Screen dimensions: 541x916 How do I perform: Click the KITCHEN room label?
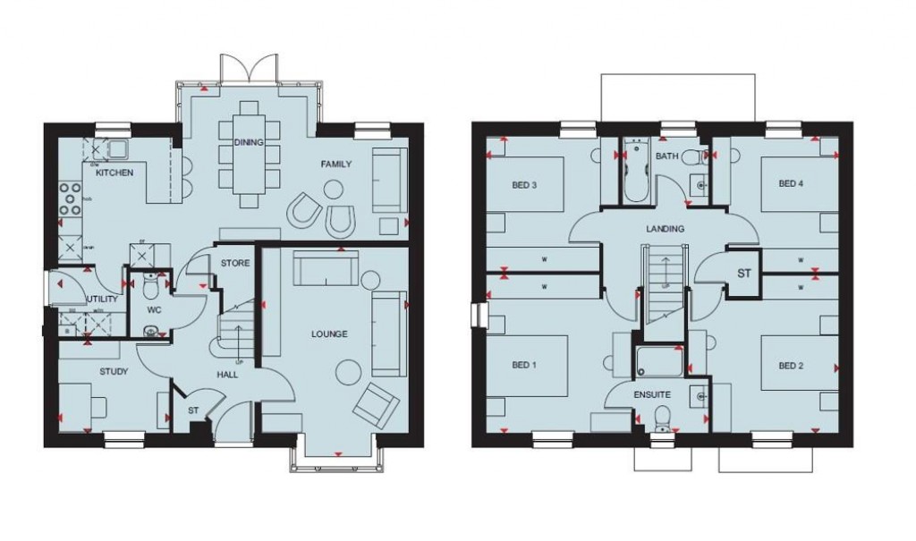click(x=114, y=172)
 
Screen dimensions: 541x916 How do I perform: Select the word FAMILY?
click(x=336, y=164)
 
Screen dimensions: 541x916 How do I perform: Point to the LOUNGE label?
click(x=330, y=334)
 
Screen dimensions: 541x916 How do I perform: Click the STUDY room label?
click(x=114, y=371)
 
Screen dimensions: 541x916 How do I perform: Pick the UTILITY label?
click(x=101, y=299)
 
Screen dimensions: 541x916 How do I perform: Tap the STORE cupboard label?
click(x=234, y=264)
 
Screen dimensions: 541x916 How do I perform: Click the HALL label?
click(x=227, y=375)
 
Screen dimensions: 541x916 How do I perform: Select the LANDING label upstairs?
click(x=665, y=229)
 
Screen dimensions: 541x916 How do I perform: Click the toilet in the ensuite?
click(x=662, y=418)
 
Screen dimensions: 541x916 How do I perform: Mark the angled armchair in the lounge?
click(x=375, y=402)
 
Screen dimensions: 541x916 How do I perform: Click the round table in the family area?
click(x=334, y=189)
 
